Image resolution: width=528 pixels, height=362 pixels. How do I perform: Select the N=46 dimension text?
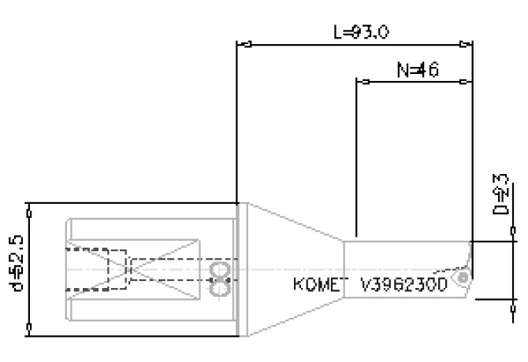[418, 71]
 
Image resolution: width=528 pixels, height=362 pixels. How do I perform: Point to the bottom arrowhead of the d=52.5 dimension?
[29, 330]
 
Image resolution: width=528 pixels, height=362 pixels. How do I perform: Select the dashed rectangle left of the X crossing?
[95, 269]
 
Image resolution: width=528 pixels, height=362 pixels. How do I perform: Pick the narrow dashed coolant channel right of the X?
[169, 269]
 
